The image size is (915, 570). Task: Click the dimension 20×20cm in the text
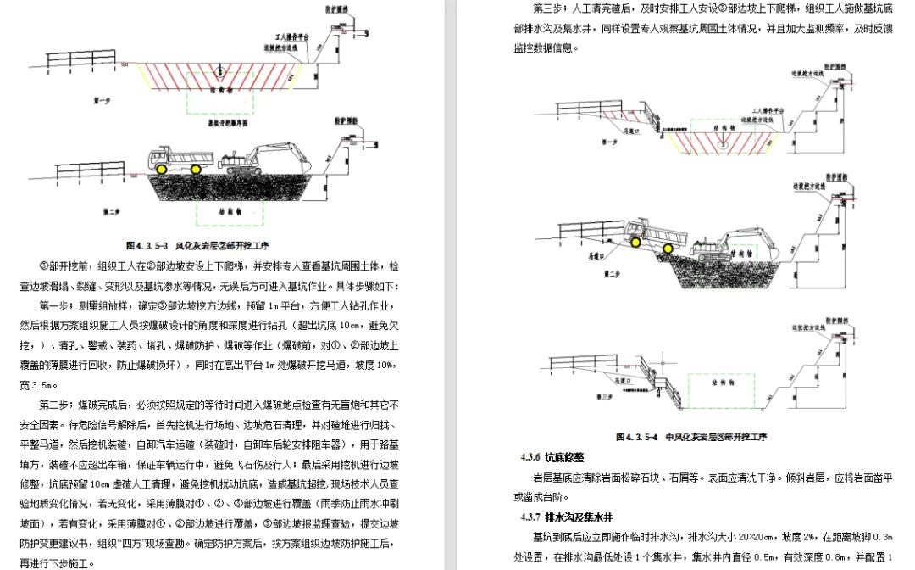(728, 537)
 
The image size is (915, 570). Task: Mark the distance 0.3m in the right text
(882, 537)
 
